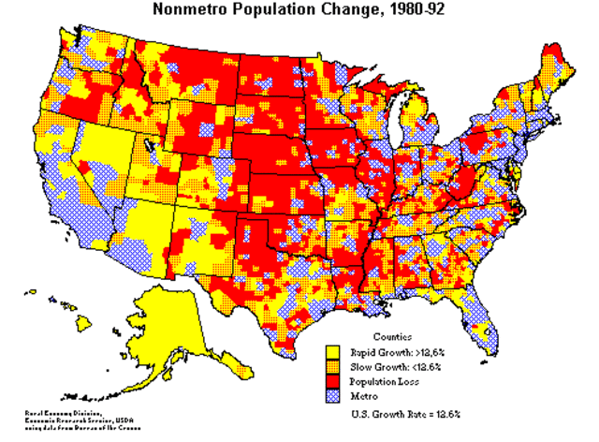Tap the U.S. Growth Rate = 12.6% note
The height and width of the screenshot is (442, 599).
pos(404,413)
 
